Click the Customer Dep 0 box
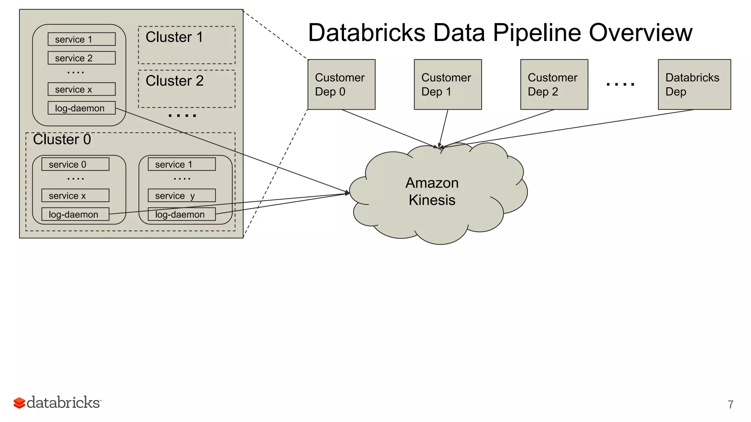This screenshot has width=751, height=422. pos(341,84)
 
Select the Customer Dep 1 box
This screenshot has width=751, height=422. pos(447,84)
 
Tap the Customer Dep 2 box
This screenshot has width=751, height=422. pos(554,84)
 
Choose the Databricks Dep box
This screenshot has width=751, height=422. pos(694,84)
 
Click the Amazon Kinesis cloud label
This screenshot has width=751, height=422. pos(432,192)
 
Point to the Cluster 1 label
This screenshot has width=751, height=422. pos(174,37)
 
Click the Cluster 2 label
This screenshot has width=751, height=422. pos(174,81)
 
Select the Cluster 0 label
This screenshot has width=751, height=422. pos(62,140)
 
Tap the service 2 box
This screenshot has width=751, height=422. pos(81,58)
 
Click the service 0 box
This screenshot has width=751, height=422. pos(75,164)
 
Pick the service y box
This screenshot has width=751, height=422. pos(182,196)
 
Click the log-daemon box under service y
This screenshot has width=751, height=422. pos(182,214)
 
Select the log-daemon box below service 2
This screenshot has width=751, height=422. pos(81,108)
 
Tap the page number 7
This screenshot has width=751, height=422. pos(730,404)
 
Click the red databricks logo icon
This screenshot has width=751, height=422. pos(19,403)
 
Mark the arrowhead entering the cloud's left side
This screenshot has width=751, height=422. pos(347,193)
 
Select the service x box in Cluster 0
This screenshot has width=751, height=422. pos(75,196)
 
